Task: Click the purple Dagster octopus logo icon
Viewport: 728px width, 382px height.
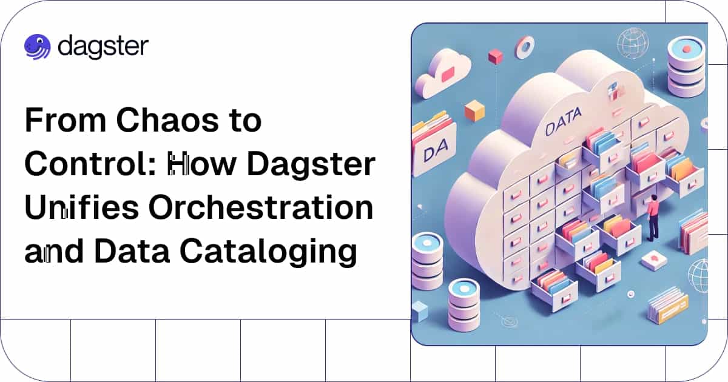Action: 38,47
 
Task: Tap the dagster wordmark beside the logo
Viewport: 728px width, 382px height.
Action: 103,47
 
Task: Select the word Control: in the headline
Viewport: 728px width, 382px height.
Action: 91,163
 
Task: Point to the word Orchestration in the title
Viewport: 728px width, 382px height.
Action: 261,207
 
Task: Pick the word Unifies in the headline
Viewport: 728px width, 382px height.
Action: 81,207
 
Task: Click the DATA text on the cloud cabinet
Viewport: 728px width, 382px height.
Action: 563,122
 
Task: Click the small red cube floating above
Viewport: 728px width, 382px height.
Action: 495,56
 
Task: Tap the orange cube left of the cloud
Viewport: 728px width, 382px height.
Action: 474,111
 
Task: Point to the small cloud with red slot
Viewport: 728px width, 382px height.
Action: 443,73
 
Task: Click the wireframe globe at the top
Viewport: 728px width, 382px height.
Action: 633,44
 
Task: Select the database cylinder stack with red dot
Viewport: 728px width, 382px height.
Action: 687,67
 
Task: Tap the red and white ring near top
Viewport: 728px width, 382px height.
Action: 524,48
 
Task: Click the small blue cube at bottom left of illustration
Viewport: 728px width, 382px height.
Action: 420,311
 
